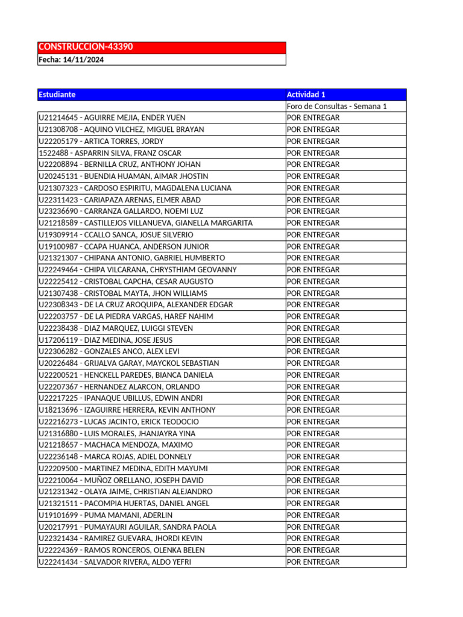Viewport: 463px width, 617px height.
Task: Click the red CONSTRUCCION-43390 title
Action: [86, 47]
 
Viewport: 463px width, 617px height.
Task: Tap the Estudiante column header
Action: [57, 95]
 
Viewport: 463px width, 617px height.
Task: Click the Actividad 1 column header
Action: [306, 95]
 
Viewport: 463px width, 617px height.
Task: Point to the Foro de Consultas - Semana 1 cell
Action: [336, 107]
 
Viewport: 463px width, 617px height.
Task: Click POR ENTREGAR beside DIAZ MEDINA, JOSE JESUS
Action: [313, 340]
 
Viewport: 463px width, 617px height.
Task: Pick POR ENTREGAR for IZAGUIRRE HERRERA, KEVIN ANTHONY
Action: [313, 410]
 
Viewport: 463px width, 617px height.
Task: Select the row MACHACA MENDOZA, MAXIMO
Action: [115, 445]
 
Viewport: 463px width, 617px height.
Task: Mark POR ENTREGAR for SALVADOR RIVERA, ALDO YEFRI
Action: [313, 562]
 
